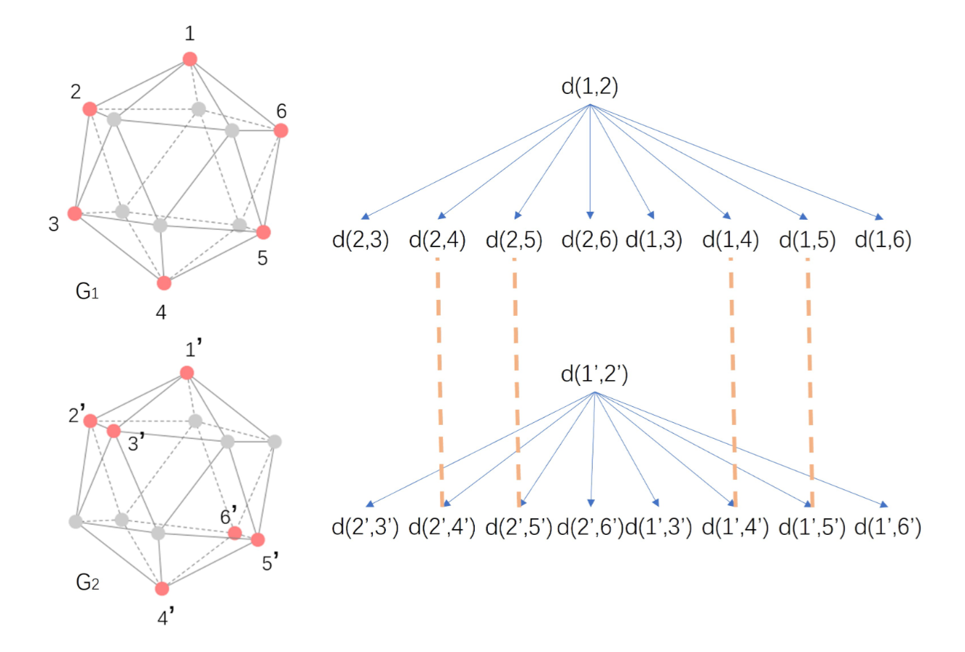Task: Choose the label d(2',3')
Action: click(365, 528)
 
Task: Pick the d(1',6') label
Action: click(888, 528)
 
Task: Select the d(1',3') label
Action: click(659, 528)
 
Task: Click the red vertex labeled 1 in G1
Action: click(189, 59)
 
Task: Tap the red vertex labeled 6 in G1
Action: click(281, 130)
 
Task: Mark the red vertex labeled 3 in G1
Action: click(74, 213)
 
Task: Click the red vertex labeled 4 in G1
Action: click(164, 283)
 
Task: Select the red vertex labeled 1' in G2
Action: click(187, 372)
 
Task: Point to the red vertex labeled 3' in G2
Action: click(113, 431)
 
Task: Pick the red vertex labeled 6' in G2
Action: click(234, 533)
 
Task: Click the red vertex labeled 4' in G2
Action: click(163, 588)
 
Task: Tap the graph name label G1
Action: click(87, 292)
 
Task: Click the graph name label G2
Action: click(87, 582)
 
